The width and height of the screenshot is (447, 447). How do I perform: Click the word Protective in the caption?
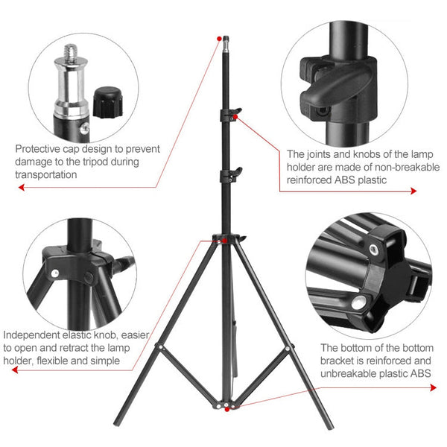coord(39,148)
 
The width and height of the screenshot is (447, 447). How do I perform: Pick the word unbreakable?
coord(348,374)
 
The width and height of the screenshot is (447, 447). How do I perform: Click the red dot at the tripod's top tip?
coord(219,37)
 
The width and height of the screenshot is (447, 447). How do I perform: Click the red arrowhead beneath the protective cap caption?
coord(19,188)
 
